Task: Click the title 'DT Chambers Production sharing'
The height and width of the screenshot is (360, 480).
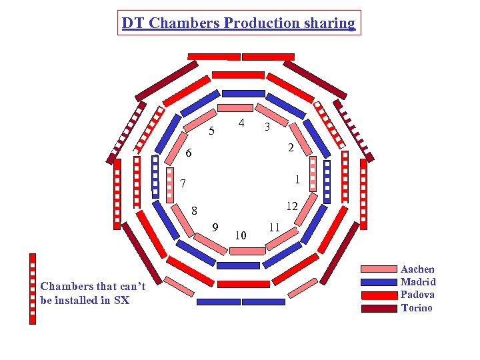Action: point(239,23)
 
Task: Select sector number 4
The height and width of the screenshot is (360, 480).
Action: point(241,123)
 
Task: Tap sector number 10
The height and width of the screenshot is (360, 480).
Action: point(241,235)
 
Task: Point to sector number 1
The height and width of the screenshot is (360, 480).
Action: point(297,179)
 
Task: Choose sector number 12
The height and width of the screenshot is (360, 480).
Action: point(291,206)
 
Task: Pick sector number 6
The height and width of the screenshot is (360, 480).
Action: point(189,153)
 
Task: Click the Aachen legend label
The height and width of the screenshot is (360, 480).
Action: point(417,269)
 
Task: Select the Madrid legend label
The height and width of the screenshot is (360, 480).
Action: point(418,282)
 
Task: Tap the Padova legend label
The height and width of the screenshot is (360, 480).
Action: point(417,295)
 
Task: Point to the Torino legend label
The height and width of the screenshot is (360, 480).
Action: point(417,307)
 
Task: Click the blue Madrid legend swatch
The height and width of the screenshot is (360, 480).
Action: point(379,282)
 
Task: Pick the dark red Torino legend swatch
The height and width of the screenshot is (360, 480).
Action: point(379,308)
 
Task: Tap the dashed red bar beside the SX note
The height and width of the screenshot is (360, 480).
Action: point(33,288)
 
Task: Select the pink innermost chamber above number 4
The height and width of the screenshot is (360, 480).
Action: point(236,108)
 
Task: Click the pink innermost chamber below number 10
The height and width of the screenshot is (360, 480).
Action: point(246,251)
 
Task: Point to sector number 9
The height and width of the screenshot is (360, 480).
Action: point(215,227)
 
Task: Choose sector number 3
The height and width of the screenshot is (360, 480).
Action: point(267,127)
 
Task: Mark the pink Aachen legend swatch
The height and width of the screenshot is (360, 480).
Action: point(379,269)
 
